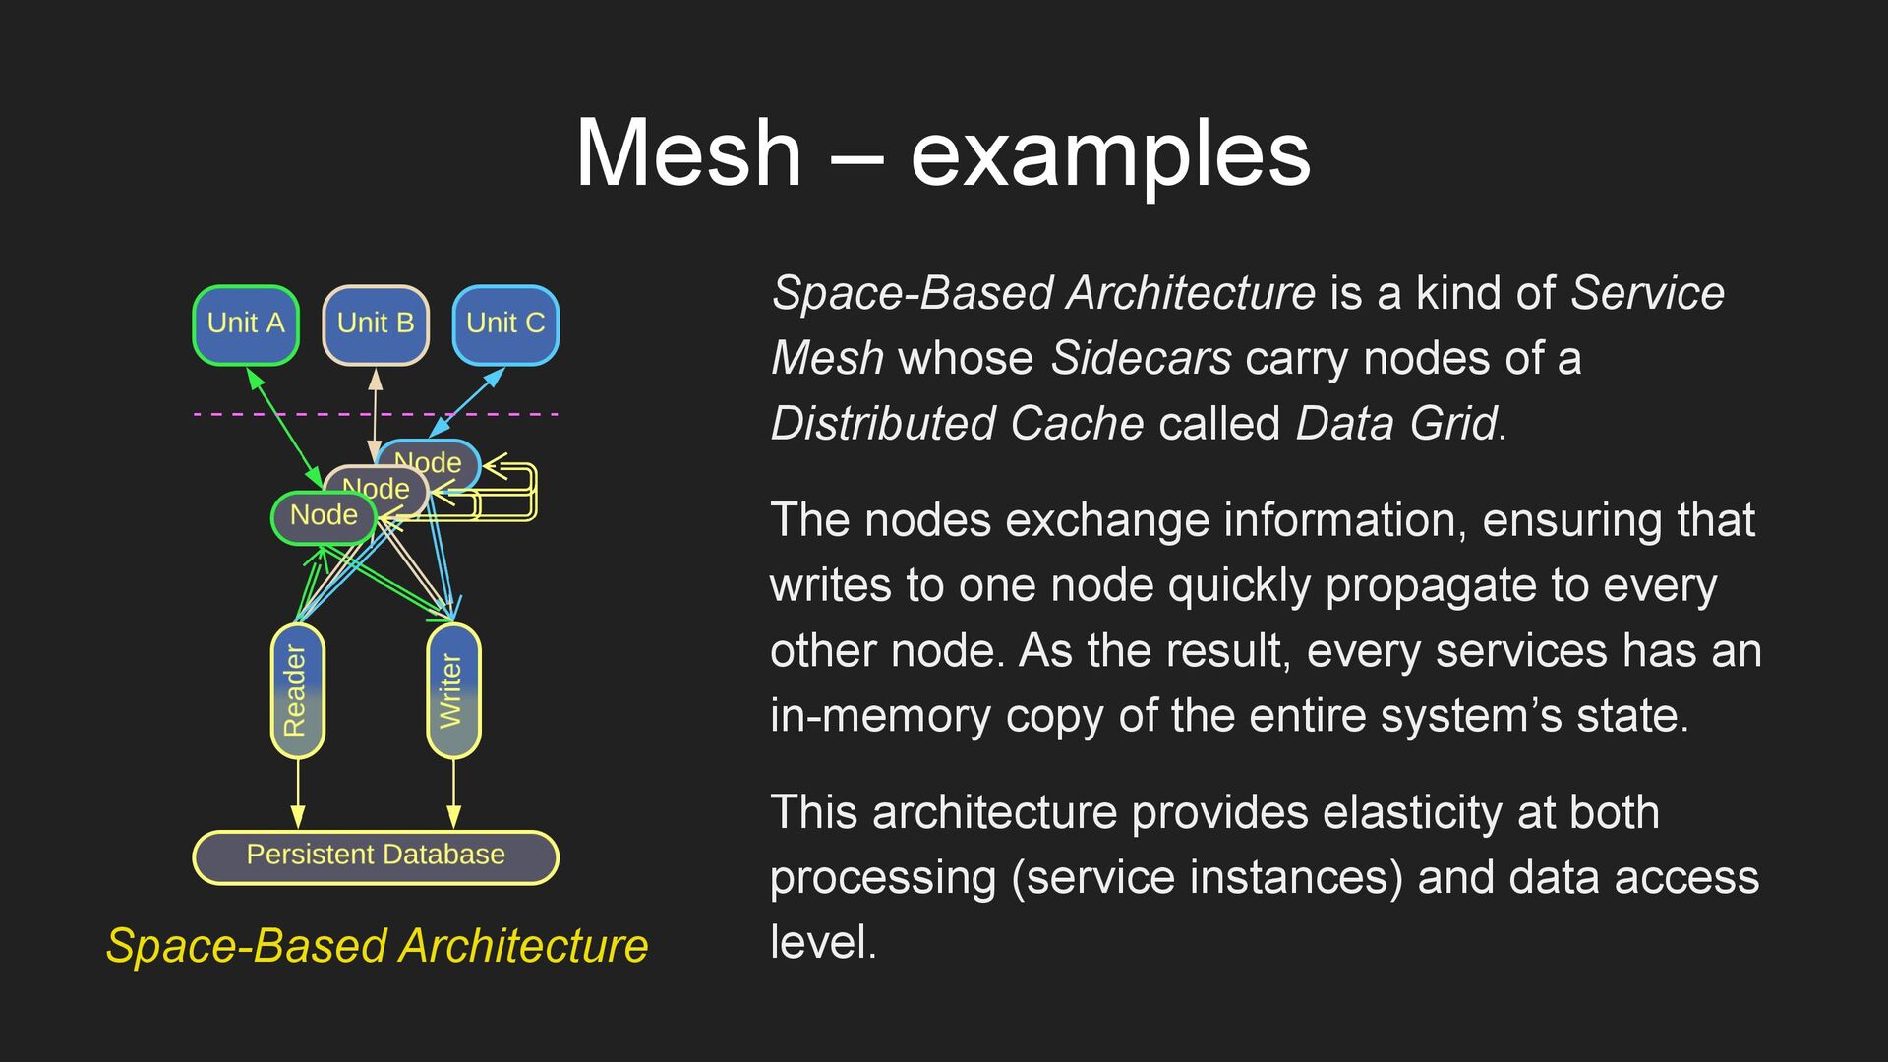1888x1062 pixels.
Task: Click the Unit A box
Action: point(246,324)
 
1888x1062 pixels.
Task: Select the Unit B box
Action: point(376,324)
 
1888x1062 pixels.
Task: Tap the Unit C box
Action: point(505,324)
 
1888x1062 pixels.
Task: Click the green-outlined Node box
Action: point(323,517)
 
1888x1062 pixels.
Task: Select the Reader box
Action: point(297,690)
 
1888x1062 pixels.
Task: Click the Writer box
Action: point(453,690)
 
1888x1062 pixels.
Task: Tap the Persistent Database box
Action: point(376,856)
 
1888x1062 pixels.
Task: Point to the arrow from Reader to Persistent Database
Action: point(297,795)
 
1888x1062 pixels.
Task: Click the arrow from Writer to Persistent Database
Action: point(453,795)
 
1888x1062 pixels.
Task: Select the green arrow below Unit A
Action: point(285,427)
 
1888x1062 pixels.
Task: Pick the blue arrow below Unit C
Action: point(467,402)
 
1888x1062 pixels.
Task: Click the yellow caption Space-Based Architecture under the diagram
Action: point(377,946)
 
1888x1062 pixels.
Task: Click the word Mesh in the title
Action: point(688,153)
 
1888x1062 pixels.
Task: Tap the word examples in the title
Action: point(1110,155)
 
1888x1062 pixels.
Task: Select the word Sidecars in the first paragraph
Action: point(1141,358)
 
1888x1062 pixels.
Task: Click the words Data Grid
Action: point(1397,424)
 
